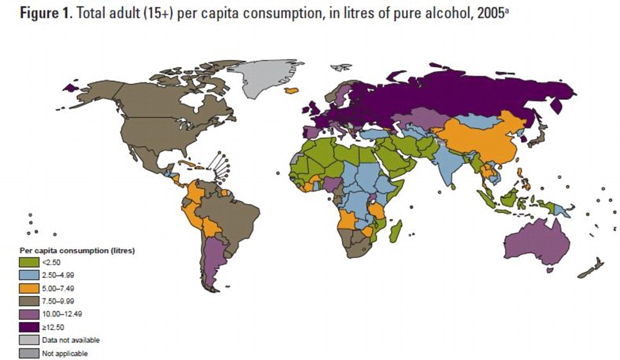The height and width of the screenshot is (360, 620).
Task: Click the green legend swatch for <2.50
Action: [28, 262]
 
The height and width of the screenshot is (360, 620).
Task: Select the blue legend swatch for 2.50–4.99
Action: [28, 275]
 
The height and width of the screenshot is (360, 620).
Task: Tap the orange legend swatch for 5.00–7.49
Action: [28, 288]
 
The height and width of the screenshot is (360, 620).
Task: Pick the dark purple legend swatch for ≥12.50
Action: [28, 327]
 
